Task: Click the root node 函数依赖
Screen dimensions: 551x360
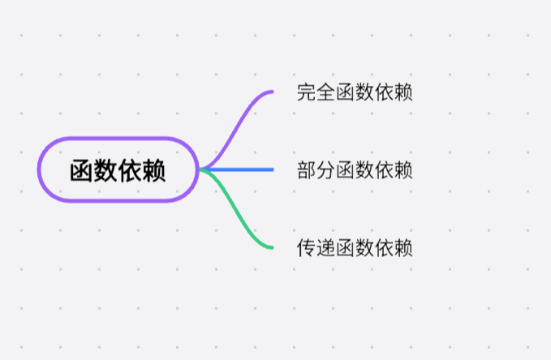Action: click(118, 169)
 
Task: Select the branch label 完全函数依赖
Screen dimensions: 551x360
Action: click(355, 92)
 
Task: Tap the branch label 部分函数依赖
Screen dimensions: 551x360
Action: click(355, 169)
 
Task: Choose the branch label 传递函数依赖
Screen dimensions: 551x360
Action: click(355, 247)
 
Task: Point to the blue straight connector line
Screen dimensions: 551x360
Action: click(243, 169)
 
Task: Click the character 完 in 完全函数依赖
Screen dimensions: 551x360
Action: click(307, 92)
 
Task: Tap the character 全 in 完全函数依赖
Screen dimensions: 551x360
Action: click(326, 92)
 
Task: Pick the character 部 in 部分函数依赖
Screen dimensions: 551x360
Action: click(307, 169)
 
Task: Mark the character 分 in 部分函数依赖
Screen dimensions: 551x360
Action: click(326, 169)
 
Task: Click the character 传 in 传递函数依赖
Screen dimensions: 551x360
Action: click(307, 247)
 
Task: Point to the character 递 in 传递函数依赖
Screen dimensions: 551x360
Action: click(326, 247)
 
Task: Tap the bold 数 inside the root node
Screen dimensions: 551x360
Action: click(105, 170)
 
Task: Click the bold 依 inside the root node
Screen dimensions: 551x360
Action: click(130, 170)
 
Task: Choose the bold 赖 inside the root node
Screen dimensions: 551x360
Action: click(154, 170)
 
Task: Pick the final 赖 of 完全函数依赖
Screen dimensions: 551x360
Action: click(403, 92)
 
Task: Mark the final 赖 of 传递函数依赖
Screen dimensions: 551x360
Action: click(403, 247)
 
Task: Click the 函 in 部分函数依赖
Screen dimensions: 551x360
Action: click(346, 169)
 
